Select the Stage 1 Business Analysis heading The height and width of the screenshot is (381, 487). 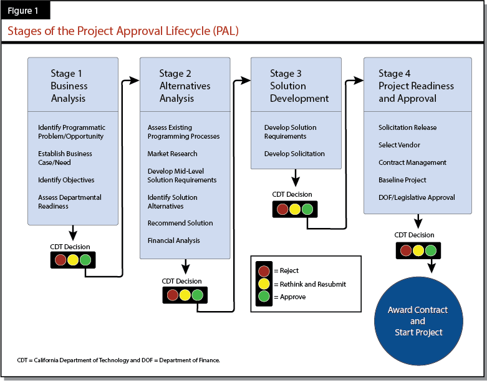[69, 86]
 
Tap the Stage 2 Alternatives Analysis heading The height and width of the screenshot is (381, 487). [185, 86]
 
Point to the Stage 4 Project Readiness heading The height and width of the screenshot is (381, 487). [416, 86]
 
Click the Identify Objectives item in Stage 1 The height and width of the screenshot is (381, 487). [66, 180]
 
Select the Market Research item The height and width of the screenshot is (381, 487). [172, 154]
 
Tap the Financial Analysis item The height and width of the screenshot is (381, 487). [174, 240]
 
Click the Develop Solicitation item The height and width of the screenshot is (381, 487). [294, 154]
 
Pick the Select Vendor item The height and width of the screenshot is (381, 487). [399, 145]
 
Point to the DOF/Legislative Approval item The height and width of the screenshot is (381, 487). [417, 197]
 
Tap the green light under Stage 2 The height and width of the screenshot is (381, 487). [197, 295]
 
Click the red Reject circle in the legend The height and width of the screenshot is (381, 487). [263, 271]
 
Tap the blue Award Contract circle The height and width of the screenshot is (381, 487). [418, 320]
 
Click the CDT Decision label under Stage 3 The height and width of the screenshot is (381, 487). [292, 194]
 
